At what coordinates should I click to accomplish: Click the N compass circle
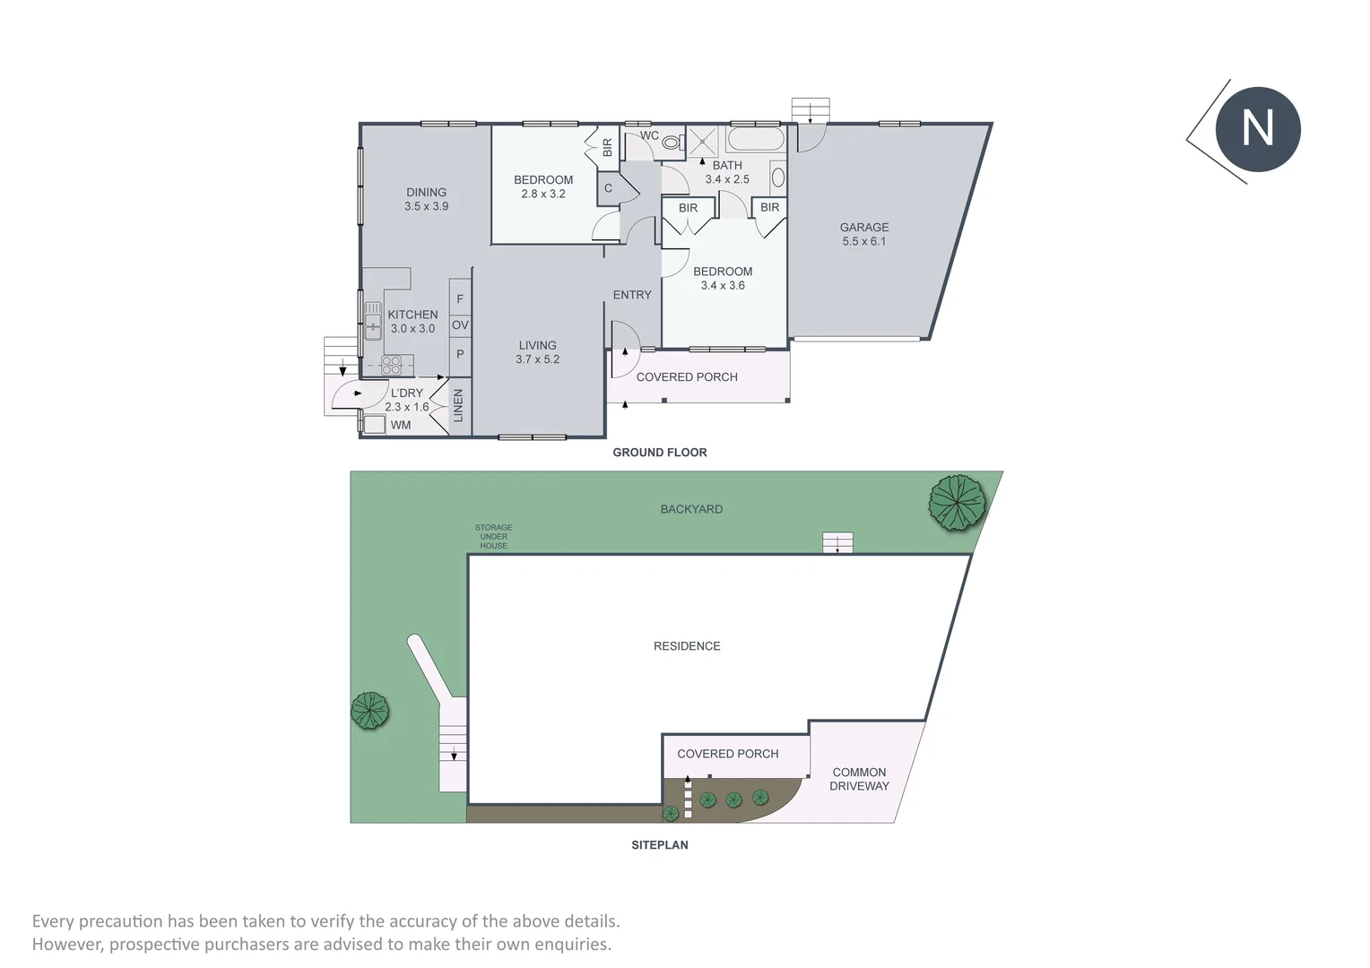click(x=1257, y=129)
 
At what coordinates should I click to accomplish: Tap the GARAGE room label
click(x=863, y=227)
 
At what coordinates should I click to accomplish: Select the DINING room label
click(x=426, y=192)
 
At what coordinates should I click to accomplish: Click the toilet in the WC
click(x=672, y=143)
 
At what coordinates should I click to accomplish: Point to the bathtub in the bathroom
click(x=755, y=139)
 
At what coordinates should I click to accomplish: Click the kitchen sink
click(x=373, y=320)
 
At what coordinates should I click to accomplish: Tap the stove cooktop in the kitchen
click(x=391, y=365)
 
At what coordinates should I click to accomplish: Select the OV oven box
click(x=460, y=324)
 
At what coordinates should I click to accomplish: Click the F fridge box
click(x=460, y=298)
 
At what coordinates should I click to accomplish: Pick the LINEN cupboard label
click(x=458, y=405)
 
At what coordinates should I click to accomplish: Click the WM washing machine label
click(x=401, y=425)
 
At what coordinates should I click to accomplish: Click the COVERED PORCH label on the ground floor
click(x=687, y=377)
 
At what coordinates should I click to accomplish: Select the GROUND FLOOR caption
click(x=659, y=453)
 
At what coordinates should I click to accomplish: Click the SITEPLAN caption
click(x=659, y=845)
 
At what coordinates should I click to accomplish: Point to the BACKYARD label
click(x=691, y=509)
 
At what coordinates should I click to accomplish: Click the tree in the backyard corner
click(x=958, y=503)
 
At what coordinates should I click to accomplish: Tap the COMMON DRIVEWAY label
click(x=859, y=779)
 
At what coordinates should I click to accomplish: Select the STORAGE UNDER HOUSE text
click(x=493, y=536)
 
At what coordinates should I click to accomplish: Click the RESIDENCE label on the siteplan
click(x=687, y=645)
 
